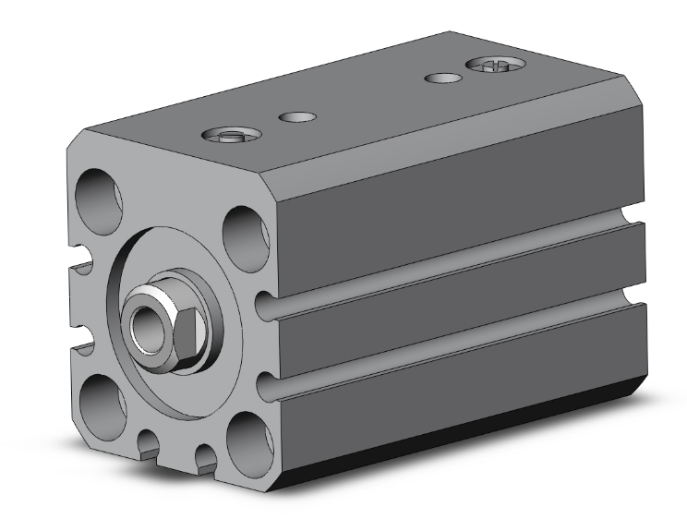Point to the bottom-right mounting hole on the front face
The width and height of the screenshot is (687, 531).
tap(247, 433)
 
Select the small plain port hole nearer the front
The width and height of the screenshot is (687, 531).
tap(297, 116)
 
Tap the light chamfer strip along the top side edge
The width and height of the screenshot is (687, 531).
tap(462, 139)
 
